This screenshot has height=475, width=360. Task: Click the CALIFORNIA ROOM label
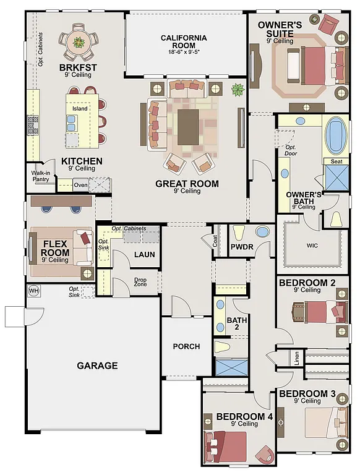pos(184,41)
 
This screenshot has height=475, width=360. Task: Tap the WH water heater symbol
pos(33,291)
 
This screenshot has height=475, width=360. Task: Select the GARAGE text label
pos(97,366)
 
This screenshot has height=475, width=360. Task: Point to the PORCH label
pos(186,346)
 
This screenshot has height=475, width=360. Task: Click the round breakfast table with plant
pos(79,42)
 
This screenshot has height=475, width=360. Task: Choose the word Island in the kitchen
pos(80,109)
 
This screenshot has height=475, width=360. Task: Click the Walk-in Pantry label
pos(41,176)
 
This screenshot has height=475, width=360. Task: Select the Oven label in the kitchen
pos(80,184)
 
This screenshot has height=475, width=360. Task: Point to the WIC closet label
pos(312,245)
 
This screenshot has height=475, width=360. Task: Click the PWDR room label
pos(239,247)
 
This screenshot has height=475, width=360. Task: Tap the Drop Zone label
pos(140,282)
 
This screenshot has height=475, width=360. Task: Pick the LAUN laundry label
pos(144,254)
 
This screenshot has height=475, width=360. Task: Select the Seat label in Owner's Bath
pos(336,161)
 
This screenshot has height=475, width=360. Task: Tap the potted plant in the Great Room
pos(237,90)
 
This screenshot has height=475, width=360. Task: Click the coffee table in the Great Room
pos(189,126)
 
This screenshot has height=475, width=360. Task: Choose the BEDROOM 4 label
pos(244,417)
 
